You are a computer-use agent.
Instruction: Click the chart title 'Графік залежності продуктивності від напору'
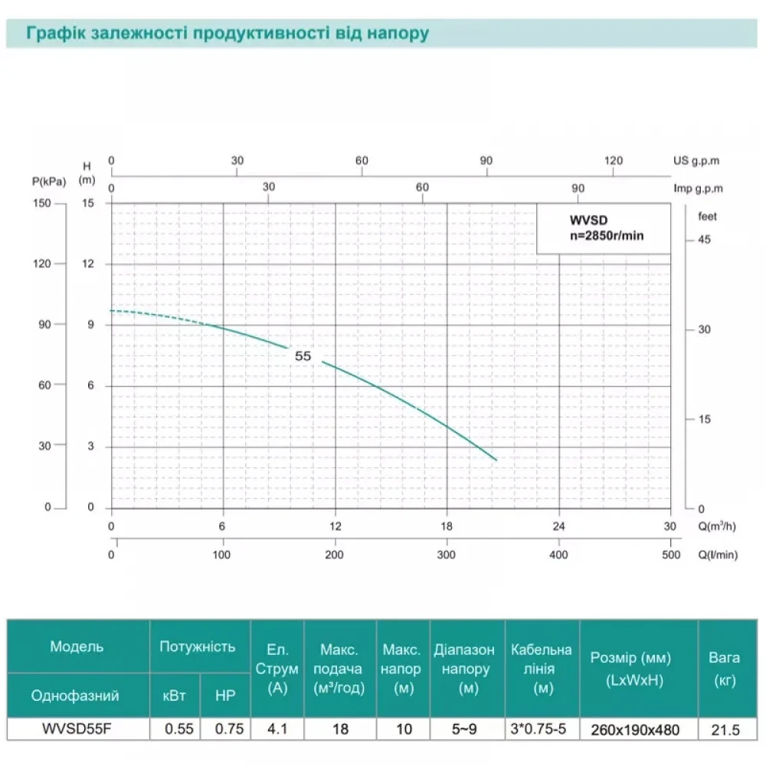[227, 34]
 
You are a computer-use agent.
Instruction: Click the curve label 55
[303, 356]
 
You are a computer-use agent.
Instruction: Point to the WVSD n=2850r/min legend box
[604, 228]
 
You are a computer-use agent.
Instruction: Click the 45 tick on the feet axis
[704, 240]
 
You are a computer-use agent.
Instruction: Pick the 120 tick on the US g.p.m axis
[614, 161]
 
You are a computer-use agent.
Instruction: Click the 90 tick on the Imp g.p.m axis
[578, 188]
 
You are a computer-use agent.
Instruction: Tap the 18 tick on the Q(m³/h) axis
[447, 526]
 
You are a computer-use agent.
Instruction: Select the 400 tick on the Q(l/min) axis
[559, 555]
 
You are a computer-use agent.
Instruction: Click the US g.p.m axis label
[696, 162]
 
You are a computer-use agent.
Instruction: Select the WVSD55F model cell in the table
[78, 729]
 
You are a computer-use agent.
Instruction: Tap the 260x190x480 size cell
[639, 730]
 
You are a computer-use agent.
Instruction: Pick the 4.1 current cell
[277, 729]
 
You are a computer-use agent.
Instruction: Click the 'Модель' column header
[77, 647]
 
